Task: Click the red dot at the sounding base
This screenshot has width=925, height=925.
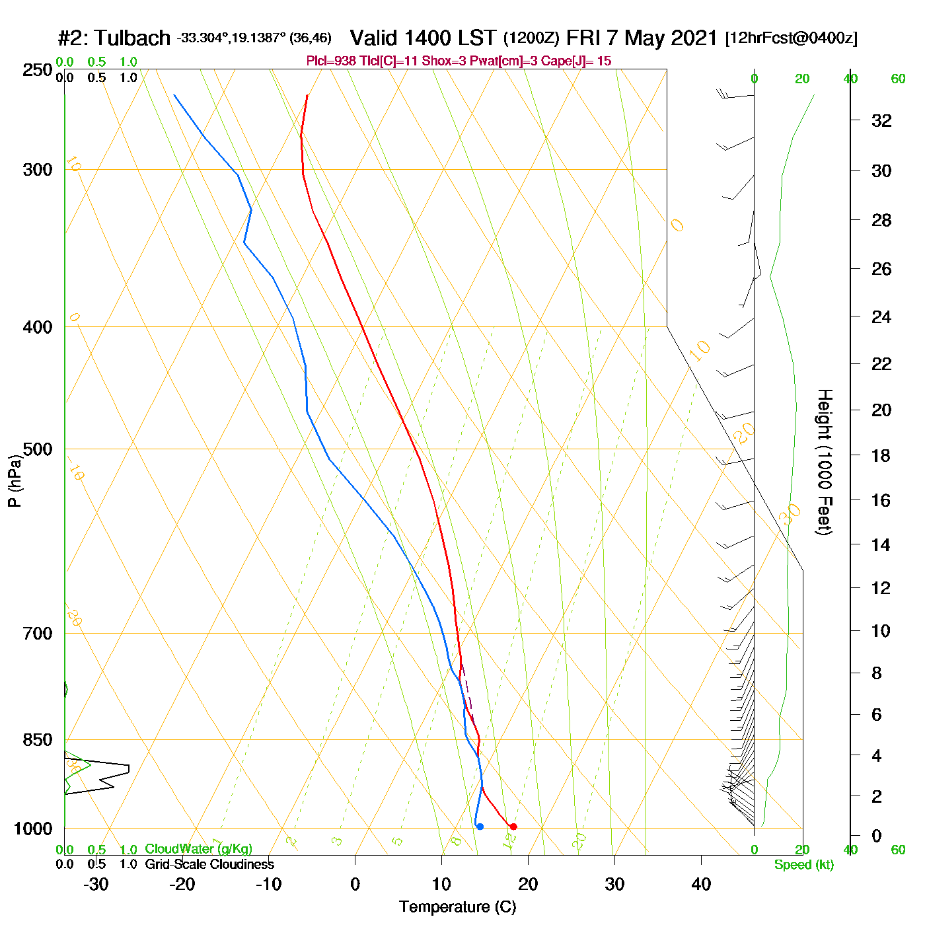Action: coord(513,827)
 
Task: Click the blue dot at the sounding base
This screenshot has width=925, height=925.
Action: coord(480,827)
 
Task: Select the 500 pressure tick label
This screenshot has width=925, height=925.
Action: coord(38,449)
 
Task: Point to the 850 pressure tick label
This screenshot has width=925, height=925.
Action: coord(38,740)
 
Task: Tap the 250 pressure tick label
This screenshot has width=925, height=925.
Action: coord(38,70)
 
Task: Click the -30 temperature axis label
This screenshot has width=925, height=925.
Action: coord(96,884)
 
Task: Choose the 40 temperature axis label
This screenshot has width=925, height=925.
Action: coord(701,884)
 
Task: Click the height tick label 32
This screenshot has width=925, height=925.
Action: coord(881,120)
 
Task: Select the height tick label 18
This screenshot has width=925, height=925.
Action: coord(881,455)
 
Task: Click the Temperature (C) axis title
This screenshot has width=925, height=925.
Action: coord(457,906)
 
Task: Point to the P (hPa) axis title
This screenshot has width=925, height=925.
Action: coord(15,481)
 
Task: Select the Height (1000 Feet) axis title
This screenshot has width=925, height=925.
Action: coord(825,462)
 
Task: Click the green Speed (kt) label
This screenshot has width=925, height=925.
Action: coord(803,865)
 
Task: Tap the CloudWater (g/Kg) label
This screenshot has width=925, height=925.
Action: coord(198,849)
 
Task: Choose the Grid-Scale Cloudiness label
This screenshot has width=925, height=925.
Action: coord(209,864)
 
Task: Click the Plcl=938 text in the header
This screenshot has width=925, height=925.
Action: coord(331,61)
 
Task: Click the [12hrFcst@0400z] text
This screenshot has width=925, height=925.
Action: coord(791,38)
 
